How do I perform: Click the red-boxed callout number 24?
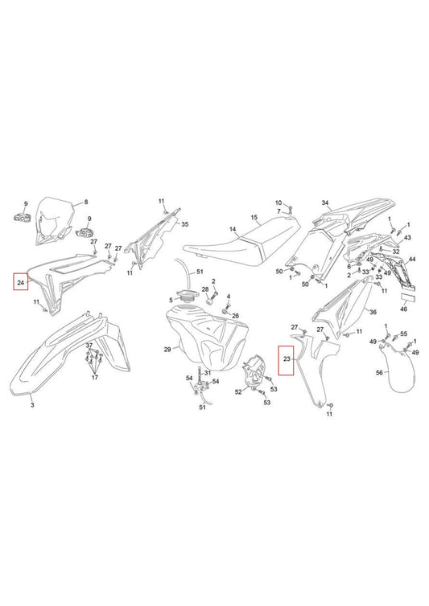(21, 283)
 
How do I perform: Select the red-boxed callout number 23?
(287, 359)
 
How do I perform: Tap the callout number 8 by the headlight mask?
(86, 202)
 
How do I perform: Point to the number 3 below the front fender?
(32, 405)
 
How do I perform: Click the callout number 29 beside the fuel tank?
(167, 350)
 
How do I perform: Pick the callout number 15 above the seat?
(254, 218)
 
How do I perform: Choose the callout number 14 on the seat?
(233, 229)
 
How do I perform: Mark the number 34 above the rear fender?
(325, 203)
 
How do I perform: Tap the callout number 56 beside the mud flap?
(379, 373)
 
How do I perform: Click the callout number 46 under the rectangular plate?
(403, 309)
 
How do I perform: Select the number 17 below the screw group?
(95, 377)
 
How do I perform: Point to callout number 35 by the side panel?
(184, 224)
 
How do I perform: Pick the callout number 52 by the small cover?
(238, 392)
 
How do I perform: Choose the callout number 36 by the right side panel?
(373, 312)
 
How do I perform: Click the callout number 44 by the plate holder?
(412, 259)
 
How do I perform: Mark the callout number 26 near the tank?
(235, 316)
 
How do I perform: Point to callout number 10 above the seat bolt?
(278, 203)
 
